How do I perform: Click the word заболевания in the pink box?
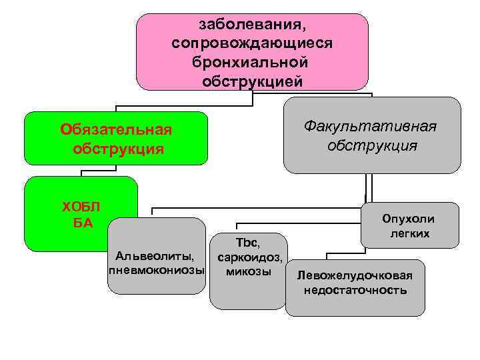[251, 25]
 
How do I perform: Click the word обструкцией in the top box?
[251, 81]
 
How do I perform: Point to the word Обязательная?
[116, 129]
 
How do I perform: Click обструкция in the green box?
[117, 147]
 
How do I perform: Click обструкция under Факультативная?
[372, 145]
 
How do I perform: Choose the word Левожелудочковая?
[355, 275]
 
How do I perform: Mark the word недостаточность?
[355, 291]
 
